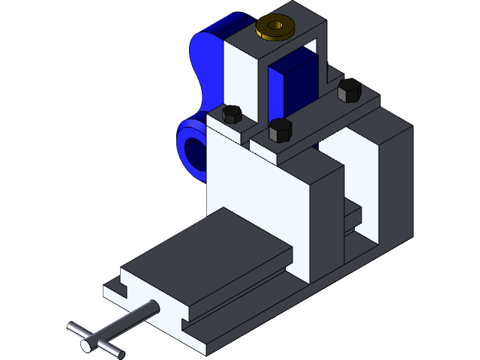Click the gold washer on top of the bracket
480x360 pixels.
[x=265, y=31]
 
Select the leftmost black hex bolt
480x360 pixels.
[x=232, y=114]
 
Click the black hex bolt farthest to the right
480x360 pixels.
[x=349, y=90]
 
